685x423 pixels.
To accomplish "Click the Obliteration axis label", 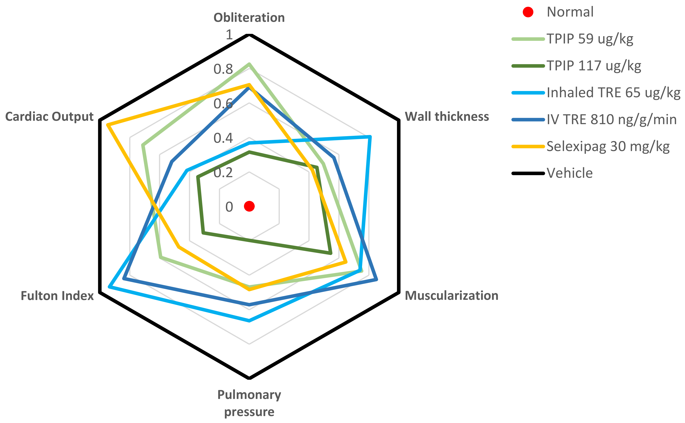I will click(249, 18).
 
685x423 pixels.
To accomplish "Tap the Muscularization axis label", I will click(451, 296).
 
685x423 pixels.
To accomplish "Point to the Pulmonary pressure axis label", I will click(249, 403).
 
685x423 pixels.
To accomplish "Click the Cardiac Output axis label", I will click(49, 116).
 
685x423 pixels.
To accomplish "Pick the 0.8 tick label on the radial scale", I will click(223, 69).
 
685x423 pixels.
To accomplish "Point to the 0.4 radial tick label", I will click(223, 138).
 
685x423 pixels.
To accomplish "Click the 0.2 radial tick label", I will click(223, 173).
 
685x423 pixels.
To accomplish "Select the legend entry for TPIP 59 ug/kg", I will click(589, 39).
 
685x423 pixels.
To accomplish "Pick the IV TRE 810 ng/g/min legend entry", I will click(611, 119).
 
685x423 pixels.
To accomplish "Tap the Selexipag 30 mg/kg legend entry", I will click(608, 146).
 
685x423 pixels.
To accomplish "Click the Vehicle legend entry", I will click(569, 173).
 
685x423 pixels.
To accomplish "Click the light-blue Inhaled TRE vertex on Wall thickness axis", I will click(370, 137).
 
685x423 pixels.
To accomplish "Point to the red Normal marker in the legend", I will click(528, 12).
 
